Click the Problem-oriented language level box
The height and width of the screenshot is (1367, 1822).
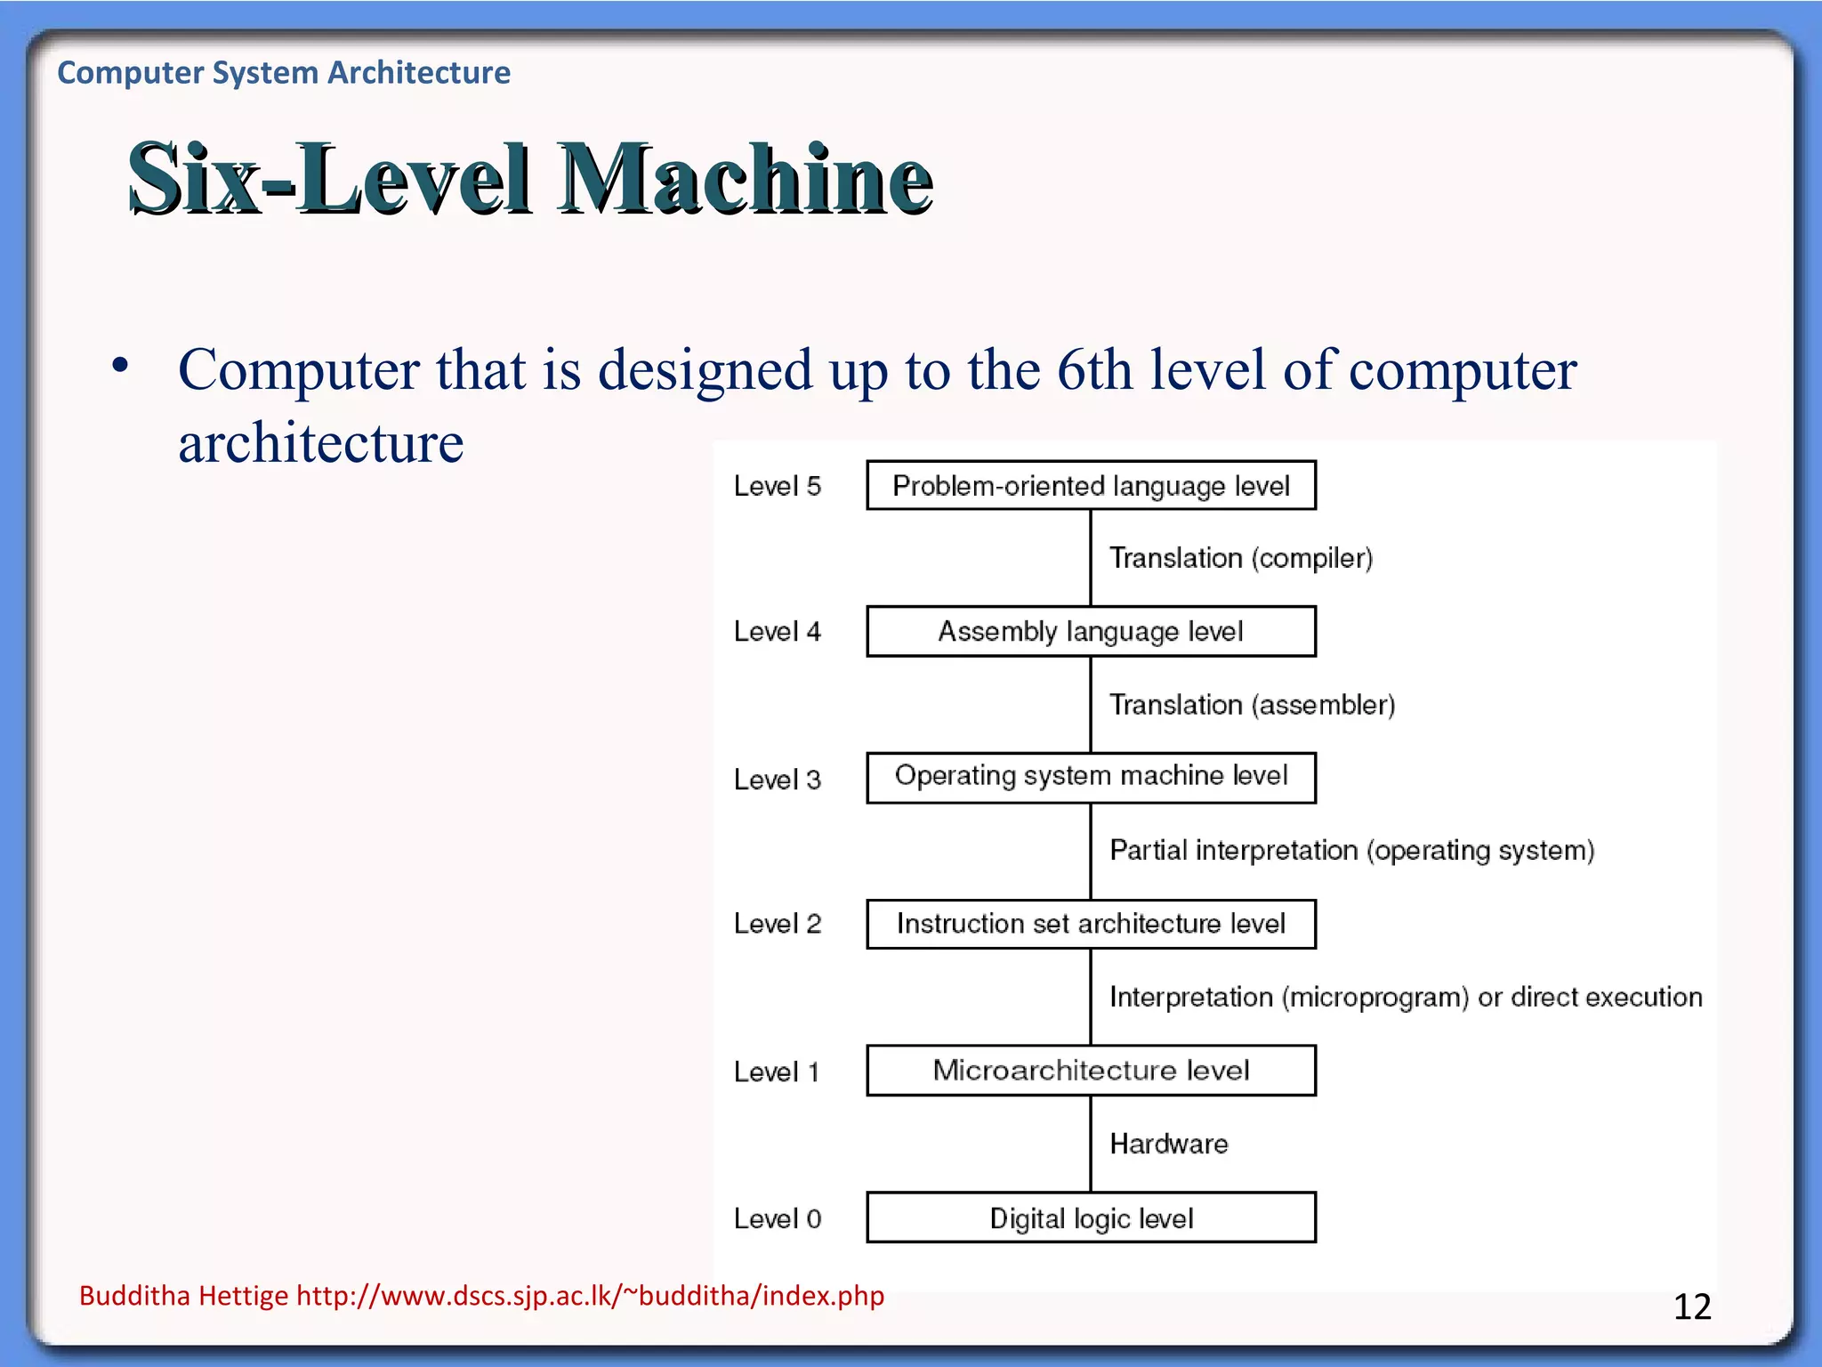[x=1091, y=486]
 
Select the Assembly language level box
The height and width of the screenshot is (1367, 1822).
[x=1091, y=632]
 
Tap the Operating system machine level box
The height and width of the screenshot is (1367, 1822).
[x=1091, y=777]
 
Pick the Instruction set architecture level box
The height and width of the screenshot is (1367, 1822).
[x=1091, y=924]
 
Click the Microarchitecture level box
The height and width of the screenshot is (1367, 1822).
[x=1091, y=1071]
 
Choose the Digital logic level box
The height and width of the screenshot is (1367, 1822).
[x=1091, y=1217]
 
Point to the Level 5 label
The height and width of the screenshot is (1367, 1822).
[x=777, y=486]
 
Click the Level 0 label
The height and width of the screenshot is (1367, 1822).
[x=777, y=1218]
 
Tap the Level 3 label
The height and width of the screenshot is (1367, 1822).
[x=777, y=780]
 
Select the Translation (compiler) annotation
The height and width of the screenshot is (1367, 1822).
[x=1241, y=558]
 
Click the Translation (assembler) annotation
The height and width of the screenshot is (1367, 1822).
[x=1252, y=705]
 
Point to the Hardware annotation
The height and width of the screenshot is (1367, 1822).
[x=1168, y=1144]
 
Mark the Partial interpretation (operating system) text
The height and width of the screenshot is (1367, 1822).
[x=1351, y=851]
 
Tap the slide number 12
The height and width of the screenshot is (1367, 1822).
[x=1692, y=1306]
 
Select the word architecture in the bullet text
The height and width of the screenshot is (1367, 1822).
[x=320, y=443]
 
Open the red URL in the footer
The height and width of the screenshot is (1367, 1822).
[x=590, y=1296]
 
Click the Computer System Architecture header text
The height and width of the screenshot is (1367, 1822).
[x=284, y=72]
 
